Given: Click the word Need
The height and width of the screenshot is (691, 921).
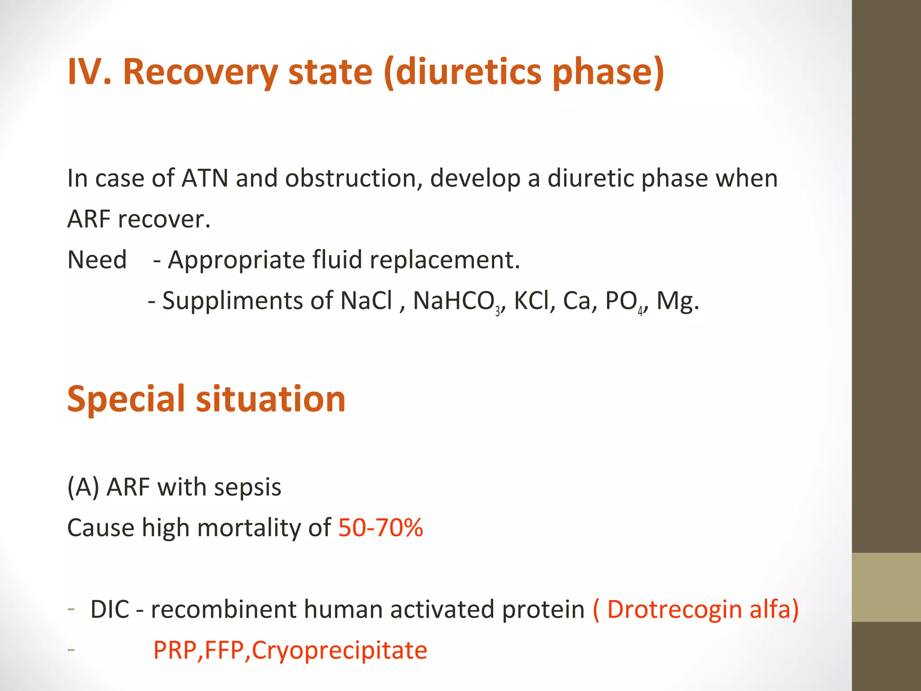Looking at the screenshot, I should [x=97, y=260].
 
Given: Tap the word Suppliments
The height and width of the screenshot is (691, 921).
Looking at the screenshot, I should [x=232, y=301].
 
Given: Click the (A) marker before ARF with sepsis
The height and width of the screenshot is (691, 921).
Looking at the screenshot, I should [x=83, y=488].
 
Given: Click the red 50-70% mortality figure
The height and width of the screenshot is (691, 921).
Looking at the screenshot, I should [x=380, y=528].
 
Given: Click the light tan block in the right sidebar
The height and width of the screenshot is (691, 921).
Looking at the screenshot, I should [x=886, y=587].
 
